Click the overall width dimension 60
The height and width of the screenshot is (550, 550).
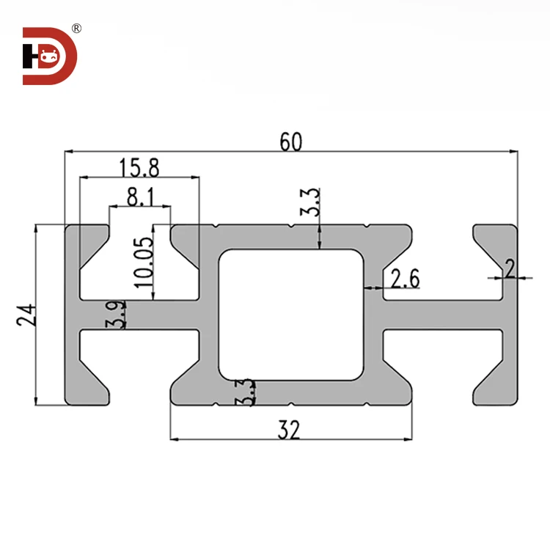coord(290,142)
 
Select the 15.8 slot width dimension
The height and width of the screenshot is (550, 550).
coord(139,168)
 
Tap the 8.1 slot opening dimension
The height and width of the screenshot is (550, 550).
coord(140,197)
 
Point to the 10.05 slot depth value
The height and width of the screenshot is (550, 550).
coord(144,260)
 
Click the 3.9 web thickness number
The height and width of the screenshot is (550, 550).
coord(118,314)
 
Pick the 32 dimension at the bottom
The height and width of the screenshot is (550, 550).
coord(290,430)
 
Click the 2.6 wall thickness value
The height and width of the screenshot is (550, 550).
coord(405,279)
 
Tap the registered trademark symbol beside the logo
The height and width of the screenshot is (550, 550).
coord(76,29)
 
